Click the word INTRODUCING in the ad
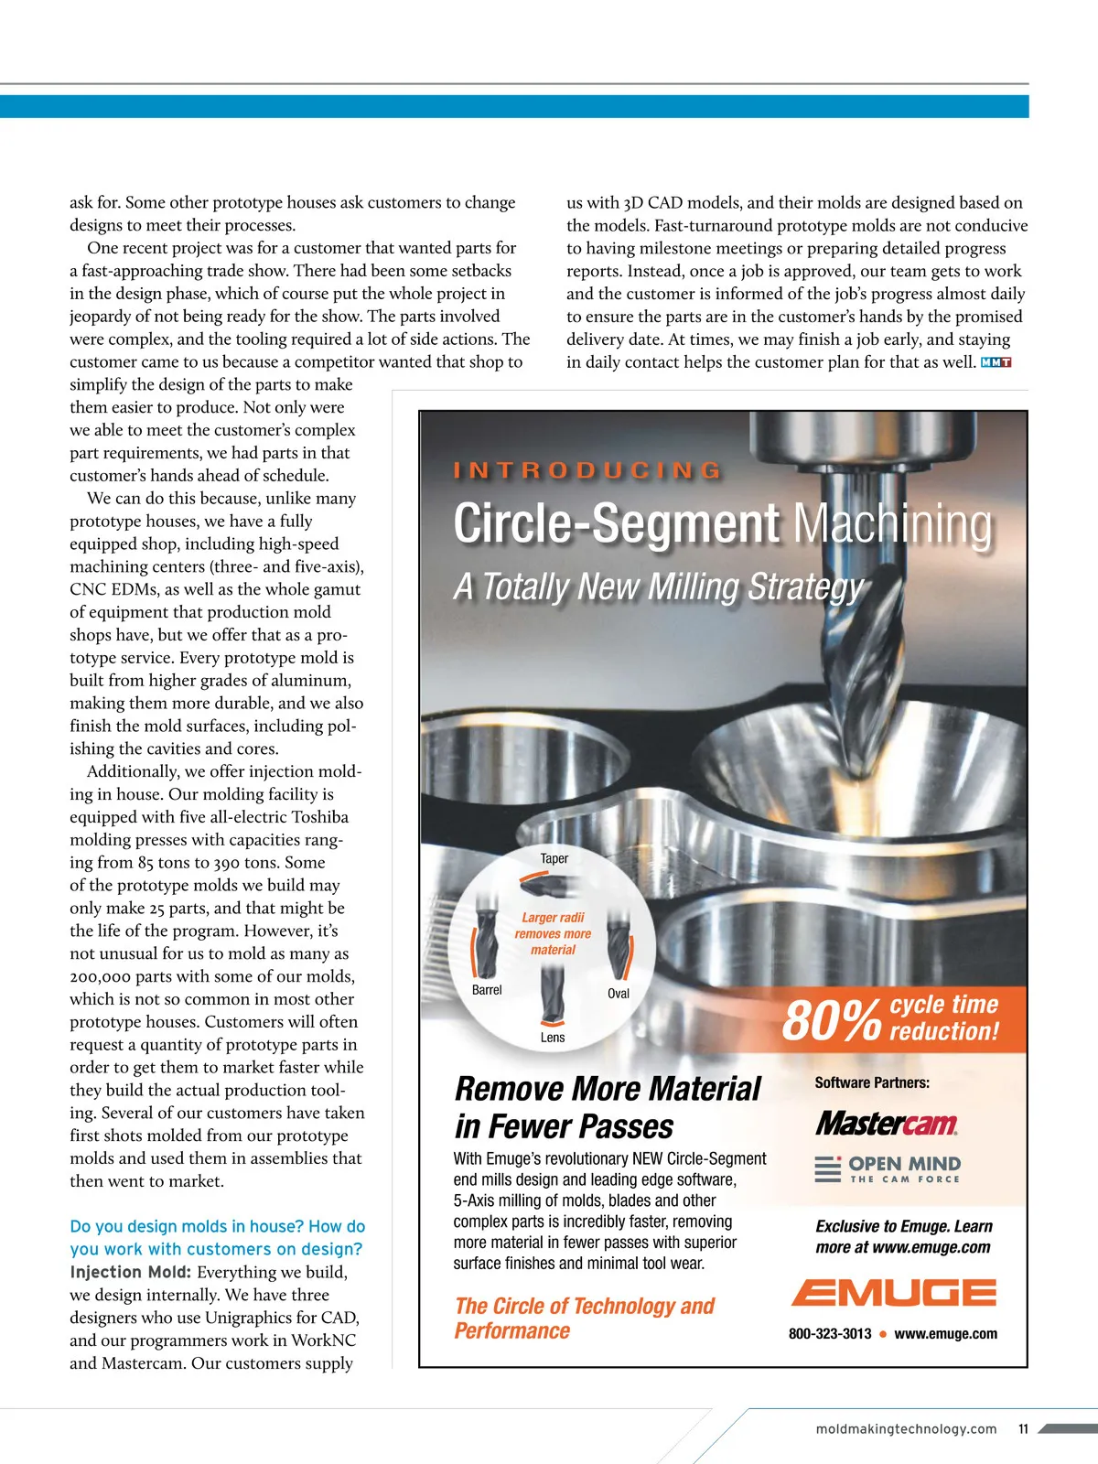pos(588,471)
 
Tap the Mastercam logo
pos(887,1124)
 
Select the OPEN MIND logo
pos(888,1168)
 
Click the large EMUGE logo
pos(893,1292)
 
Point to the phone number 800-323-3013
pos(830,1334)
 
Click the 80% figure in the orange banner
pos(832,1019)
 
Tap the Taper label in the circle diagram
pos(554,858)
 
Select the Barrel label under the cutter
pos(487,990)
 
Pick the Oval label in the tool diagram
pos(619,994)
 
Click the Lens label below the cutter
pos(553,1038)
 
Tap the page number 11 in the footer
pos(1023,1429)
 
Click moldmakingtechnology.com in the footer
pos(906,1429)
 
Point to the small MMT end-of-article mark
pos(996,362)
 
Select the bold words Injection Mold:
pos(130,1272)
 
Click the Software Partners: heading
pos(872,1082)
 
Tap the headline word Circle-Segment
pos(617,524)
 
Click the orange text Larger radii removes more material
pos(553,933)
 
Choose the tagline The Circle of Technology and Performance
pos(584,1318)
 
